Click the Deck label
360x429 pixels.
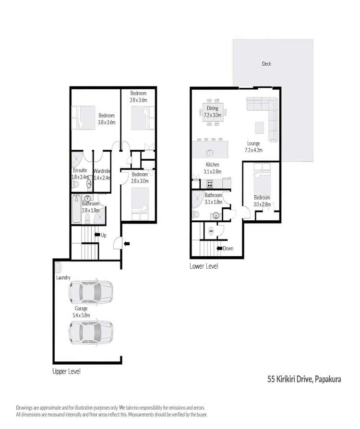pyautogui.click(x=267, y=63)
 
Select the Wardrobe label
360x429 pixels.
pyautogui.click(x=103, y=174)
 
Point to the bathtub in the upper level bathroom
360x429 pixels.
pyautogui.click(x=77, y=210)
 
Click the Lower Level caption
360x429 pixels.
pyautogui.click(x=204, y=265)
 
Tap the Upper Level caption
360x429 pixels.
pyautogui.click(x=67, y=371)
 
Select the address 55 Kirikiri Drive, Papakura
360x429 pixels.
pyautogui.click(x=304, y=379)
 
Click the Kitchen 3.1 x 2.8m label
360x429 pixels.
pyautogui.click(x=212, y=167)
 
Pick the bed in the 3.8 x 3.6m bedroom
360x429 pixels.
pyautogui.click(x=84, y=118)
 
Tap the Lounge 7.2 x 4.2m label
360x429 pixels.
pyautogui.click(x=254, y=146)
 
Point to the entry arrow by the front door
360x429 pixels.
pyautogui.click(x=126, y=244)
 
